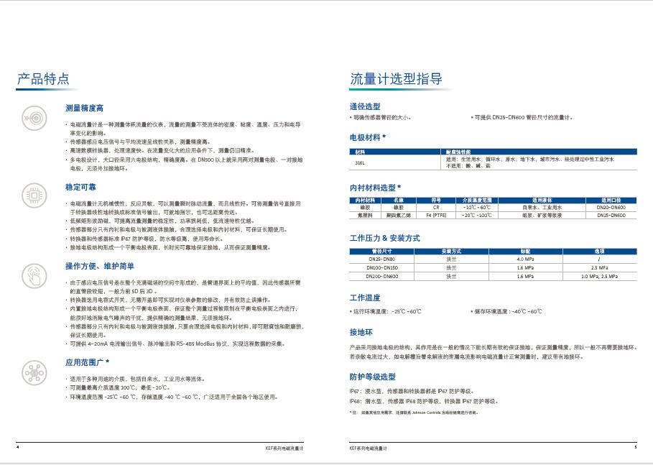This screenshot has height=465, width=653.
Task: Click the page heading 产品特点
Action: click(42, 79)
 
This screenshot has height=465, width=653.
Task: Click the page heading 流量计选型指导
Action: click(396, 79)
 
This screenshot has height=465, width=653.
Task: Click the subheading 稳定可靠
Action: click(80, 187)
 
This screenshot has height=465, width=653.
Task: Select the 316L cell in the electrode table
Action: click(361, 162)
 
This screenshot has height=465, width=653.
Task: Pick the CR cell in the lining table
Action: click(435, 207)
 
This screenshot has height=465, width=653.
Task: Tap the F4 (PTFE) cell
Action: click(435, 214)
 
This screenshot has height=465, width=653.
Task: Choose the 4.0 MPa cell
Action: click(524, 259)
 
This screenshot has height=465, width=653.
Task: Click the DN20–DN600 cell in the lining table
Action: click(611, 207)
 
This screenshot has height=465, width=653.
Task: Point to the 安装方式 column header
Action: click(451, 251)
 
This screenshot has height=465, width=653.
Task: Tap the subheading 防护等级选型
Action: click(372, 377)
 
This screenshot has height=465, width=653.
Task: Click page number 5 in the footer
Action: click(635, 447)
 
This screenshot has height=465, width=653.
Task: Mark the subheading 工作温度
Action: click(364, 297)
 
